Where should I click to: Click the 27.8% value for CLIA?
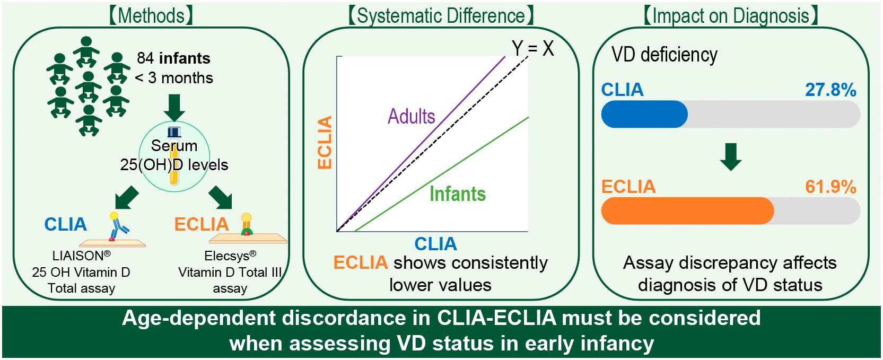coord(830,90)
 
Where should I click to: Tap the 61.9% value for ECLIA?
coord(830,187)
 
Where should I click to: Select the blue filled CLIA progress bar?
coord(644,114)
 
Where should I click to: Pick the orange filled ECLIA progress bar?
coord(687,210)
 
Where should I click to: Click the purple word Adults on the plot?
coord(411,117)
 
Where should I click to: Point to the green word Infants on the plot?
coord(457,194)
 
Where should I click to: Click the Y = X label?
coord(532,49)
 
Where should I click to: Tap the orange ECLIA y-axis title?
coord(325,142)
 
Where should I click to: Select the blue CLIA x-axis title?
coord(435,244)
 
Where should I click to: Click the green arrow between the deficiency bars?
coord(731,157)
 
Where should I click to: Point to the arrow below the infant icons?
coord(174,108)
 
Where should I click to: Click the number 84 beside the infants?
coord(145,58)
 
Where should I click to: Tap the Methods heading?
coord(151,16)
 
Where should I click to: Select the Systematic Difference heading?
coord(441,16)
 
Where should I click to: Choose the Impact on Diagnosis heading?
coord(731,16)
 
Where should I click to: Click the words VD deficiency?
coord(664,55)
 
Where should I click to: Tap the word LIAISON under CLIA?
coord(78,256)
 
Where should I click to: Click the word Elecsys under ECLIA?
coord(226,256)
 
